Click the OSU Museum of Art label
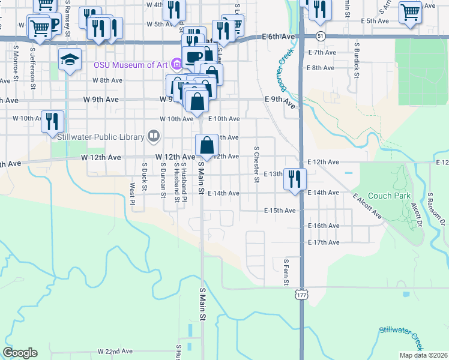pos(130,64)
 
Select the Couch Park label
pos(389,196)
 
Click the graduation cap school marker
pos(70,59)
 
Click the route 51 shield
pos(322,36)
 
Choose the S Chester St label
pos(256,164)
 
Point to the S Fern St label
pos(286,272)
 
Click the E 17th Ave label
pos(324,242)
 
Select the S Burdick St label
pos(357,60)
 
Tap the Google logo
pos(20,353)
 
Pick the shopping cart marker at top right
pos(411,11)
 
